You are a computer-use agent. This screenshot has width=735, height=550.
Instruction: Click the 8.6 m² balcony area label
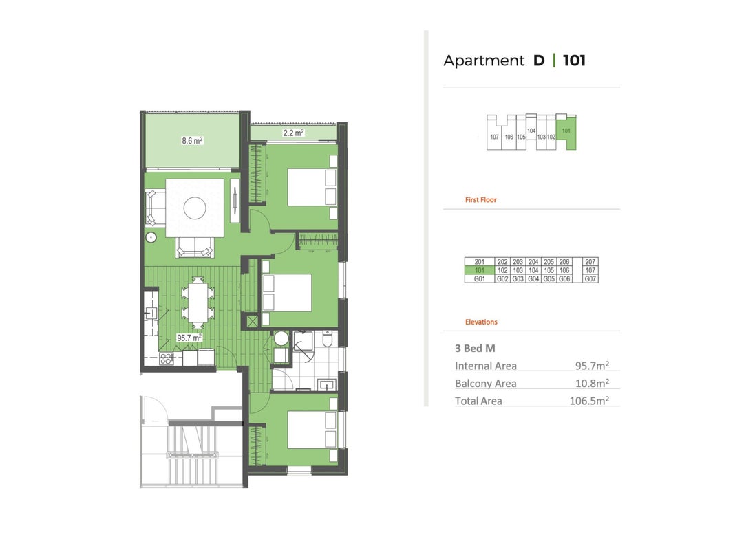click(192, 140)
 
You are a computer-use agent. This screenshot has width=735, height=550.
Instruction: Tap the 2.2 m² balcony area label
click(293, 133)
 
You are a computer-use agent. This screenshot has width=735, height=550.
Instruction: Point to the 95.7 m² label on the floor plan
click(189, 338)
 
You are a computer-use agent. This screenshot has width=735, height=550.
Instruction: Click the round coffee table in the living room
click(195, 208)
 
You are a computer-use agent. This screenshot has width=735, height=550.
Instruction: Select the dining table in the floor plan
click(198, 302)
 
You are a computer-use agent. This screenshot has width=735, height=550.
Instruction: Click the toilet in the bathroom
click(328, 338)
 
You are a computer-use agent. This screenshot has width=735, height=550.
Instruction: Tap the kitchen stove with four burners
click(167, 359)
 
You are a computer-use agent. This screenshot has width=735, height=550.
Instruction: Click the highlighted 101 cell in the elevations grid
click(480, 270)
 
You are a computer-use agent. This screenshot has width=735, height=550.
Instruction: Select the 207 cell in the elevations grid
click(590, 262)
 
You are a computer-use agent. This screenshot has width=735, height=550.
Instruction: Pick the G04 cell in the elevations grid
click(533, 278)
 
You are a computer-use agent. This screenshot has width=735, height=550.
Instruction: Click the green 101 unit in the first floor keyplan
click(566, 133)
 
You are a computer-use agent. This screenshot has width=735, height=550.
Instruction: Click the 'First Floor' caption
click(480, 200)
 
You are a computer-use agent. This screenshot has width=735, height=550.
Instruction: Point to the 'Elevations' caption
click(481, 322)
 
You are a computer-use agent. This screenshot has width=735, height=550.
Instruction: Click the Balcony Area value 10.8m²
click(592, 383)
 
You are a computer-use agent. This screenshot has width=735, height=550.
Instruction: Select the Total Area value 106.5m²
click(589, 400)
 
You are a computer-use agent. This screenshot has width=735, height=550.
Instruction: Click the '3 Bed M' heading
click(475, 349)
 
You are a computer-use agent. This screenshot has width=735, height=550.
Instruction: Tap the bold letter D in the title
click(539, 60)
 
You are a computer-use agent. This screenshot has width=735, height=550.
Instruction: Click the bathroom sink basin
click(327, 385)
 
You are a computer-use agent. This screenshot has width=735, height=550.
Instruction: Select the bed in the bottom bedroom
click(312, 429)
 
